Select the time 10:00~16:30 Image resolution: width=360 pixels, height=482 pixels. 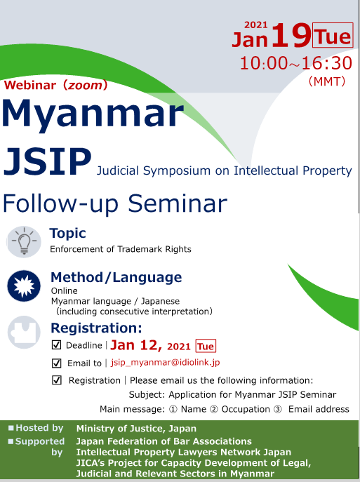[x=295, y=62]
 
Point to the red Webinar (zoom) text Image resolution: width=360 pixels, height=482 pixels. [x=56, y=86]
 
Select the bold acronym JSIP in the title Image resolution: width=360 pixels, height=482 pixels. [x=46, y=161]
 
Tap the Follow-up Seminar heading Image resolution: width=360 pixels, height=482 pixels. [x=115, y=203]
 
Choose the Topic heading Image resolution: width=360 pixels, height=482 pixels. [x=67, y=234]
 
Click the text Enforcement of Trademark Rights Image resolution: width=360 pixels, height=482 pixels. [x=120, y=249]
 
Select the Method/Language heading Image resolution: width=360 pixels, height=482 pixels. [x=116, y=277]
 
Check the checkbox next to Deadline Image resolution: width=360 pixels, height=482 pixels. [x=57, y=345]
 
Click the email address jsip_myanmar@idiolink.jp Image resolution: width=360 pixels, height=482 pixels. [x=166, y=363]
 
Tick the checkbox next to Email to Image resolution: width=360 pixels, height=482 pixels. [x=57, y=363]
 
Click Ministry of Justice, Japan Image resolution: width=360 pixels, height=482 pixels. [x=136, y=428]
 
